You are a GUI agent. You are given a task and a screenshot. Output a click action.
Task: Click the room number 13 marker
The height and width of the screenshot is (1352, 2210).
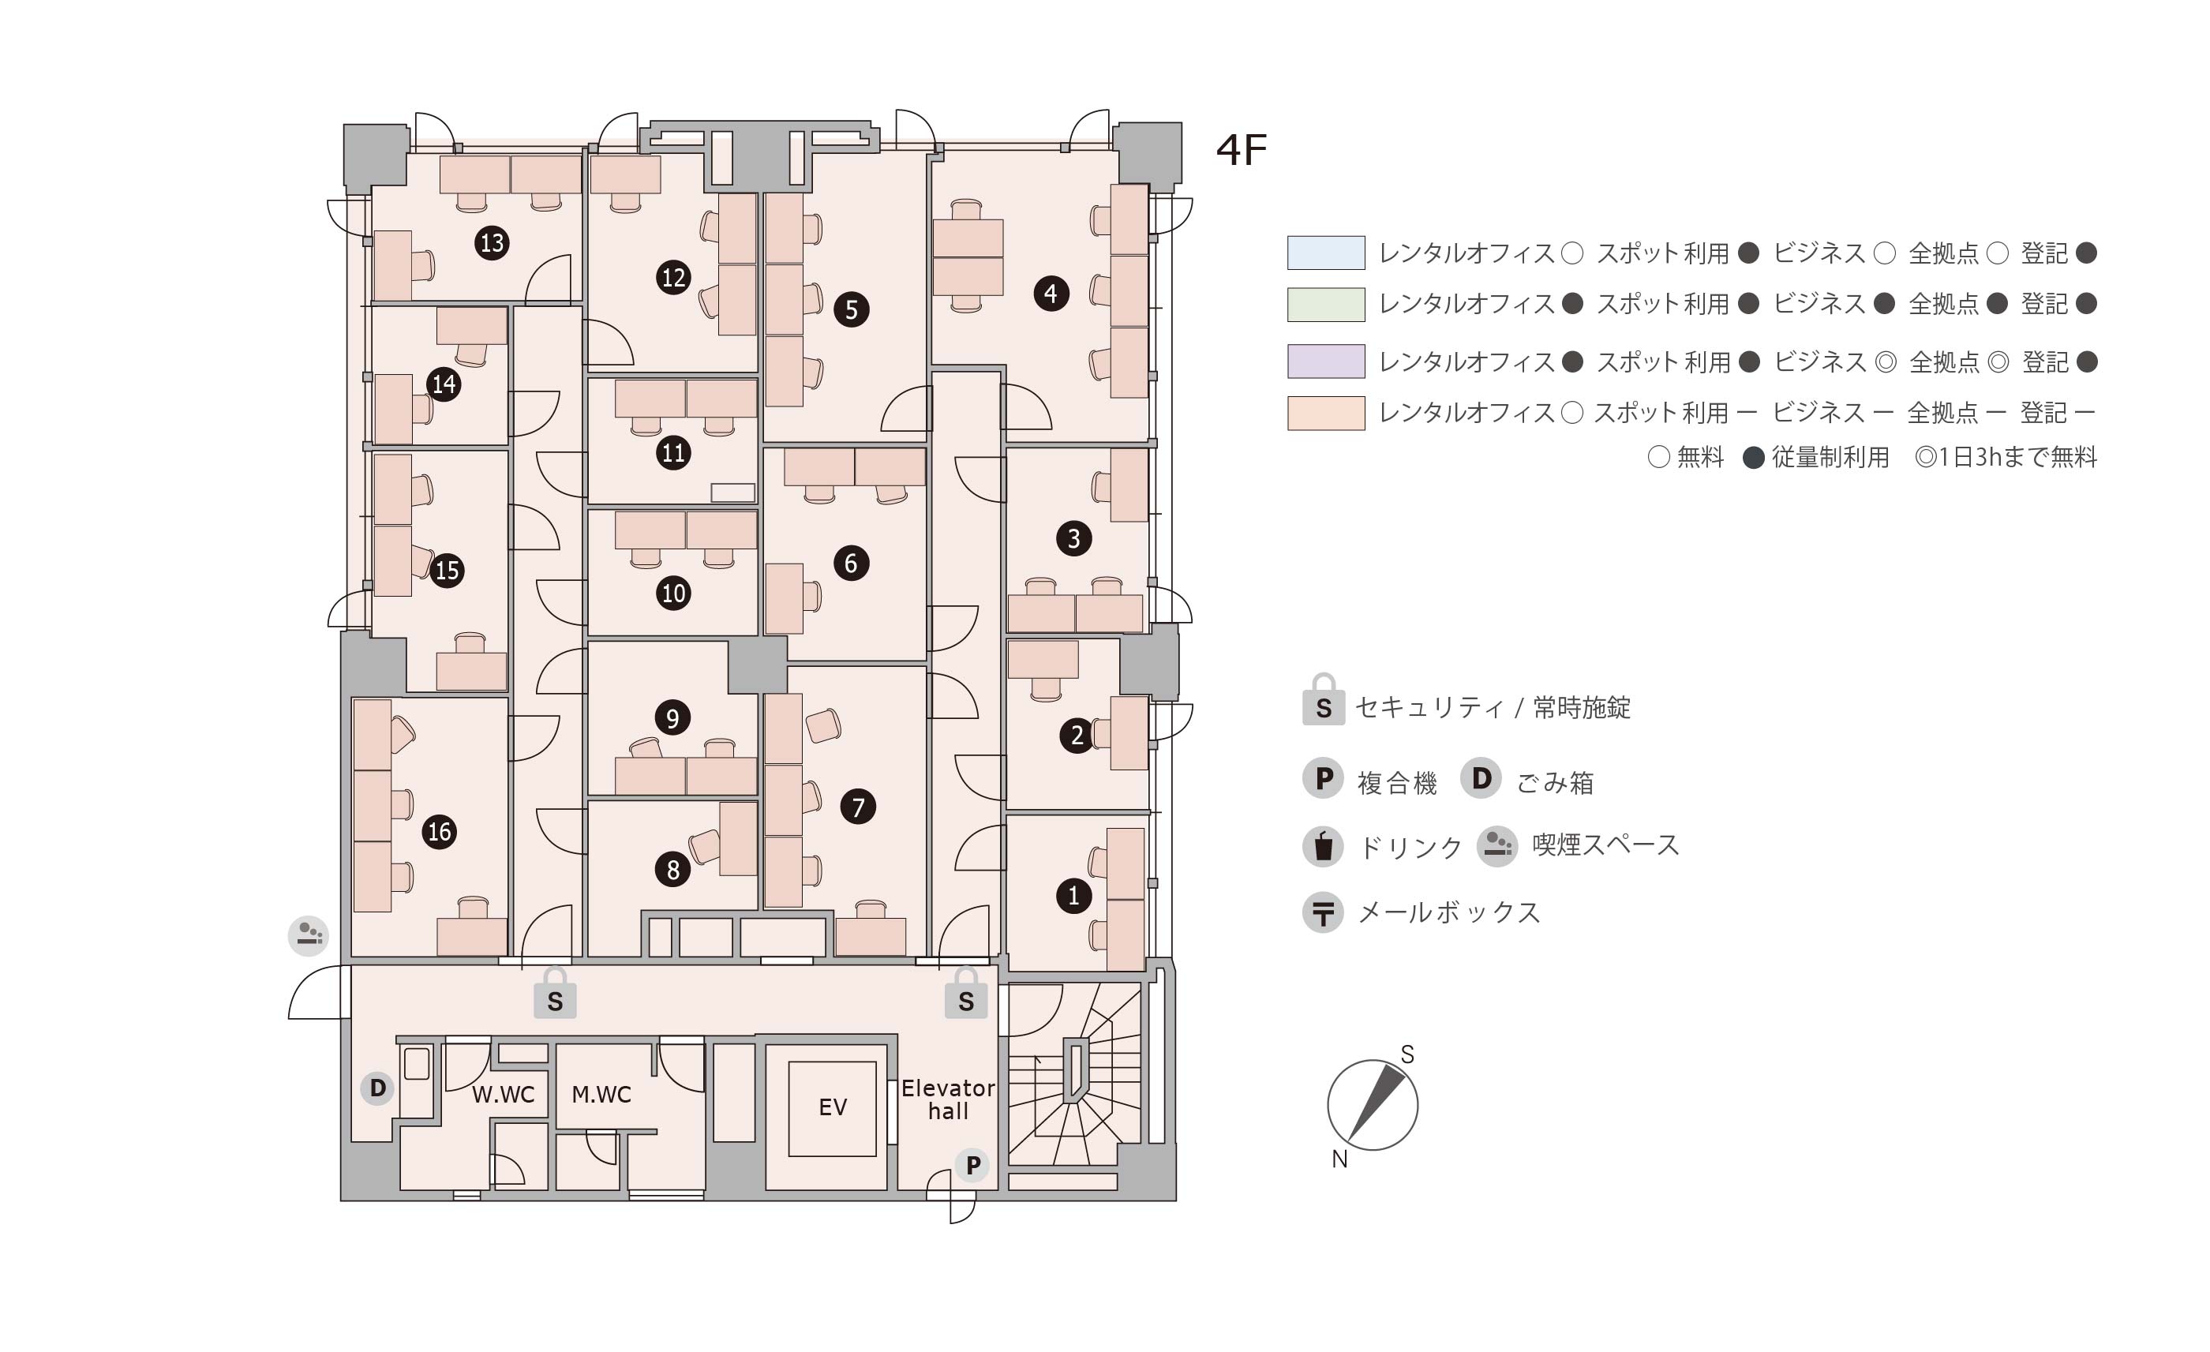492,243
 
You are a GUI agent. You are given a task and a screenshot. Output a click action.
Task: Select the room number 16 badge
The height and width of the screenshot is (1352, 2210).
440,832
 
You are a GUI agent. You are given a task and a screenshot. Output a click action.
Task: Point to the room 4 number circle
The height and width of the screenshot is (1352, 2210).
1051,294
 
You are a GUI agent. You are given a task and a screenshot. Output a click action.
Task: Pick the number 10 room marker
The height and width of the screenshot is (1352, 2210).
673,593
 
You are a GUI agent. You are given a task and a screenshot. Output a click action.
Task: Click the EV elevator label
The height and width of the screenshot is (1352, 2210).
833,1107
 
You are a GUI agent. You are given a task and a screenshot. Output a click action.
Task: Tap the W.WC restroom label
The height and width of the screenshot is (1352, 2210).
504,1095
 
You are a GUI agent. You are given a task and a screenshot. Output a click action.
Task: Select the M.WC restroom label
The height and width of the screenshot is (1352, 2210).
601,1095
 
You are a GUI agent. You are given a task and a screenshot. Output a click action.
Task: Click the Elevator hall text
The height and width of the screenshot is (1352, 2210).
948,1100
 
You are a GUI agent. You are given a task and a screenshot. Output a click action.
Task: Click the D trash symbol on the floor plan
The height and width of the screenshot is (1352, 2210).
377,1088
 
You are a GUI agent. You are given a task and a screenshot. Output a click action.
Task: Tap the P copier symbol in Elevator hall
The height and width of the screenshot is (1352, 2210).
972,1166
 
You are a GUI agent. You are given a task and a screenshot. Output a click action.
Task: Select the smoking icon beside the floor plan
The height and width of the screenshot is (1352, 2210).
309,936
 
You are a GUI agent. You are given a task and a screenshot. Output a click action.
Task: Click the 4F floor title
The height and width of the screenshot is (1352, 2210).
1242,151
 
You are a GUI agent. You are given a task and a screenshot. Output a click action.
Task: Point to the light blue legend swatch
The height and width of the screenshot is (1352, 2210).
1326,253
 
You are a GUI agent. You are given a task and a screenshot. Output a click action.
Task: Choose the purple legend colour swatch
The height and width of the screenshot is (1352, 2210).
1326,361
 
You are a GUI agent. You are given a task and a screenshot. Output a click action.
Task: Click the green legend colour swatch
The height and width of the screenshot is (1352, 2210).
1326,304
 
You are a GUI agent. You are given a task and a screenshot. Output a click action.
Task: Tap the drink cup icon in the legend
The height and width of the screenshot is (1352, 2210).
1323,846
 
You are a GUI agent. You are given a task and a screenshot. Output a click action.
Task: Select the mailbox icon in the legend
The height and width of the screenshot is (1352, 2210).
1323,913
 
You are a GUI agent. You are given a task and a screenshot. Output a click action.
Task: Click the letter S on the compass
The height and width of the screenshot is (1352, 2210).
1407,1055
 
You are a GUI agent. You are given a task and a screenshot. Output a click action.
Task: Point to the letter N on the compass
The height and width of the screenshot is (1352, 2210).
1339,1159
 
